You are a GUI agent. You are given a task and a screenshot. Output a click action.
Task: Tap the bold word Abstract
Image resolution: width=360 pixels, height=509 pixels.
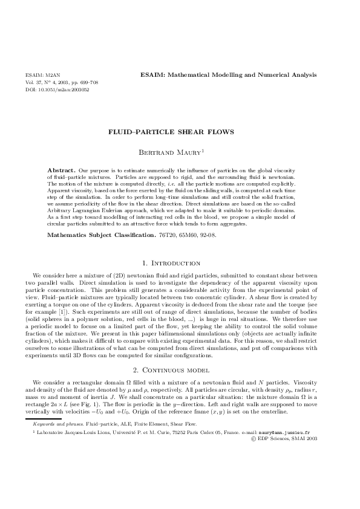(x=61, y=170)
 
